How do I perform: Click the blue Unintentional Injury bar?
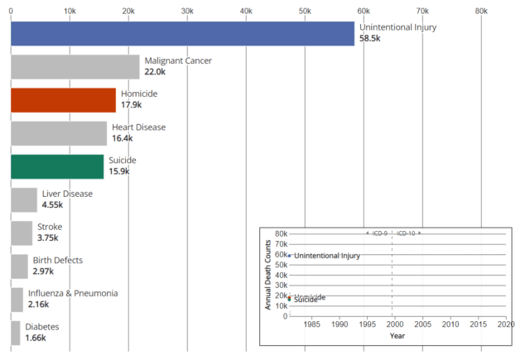click(x=182, y=33)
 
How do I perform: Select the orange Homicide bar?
click(x=63, y=100)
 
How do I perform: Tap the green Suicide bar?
click(x=57, y=166)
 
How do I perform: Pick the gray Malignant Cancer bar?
click(x=75, y=67)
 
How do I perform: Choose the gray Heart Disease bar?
click(x=59, y=133)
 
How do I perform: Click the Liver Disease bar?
click(x=24, y=199)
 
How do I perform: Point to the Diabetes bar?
click(x=15, y=333)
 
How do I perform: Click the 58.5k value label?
click(x=370, y=39)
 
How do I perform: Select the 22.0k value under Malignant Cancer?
click(x=155, y=73)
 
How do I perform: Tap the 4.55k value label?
click(x=53, y=205)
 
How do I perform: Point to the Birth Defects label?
click(x=58, y=260)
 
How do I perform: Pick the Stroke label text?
click(x=49, y=227)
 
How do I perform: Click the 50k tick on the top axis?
click(x=305, y=10)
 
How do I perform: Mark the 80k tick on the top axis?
click(x=481, y=10)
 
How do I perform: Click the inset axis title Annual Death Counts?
click(x=268, y=276)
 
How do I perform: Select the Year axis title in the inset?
click(x=397, y=336)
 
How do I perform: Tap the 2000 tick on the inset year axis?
click(x=394, y=324)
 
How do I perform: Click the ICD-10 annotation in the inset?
click(x=407, y=233)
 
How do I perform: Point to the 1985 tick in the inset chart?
click(x=311, y=324)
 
